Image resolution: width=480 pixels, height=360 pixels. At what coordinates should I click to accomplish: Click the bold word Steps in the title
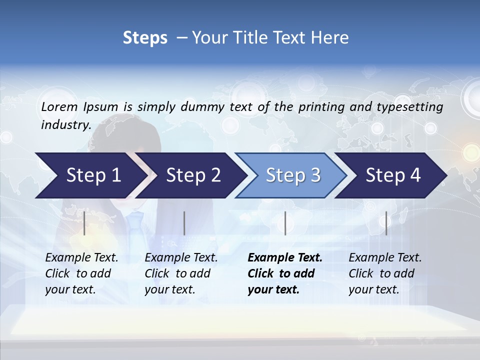point(145,38)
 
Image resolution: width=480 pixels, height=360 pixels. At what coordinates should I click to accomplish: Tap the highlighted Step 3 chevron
point(293,175)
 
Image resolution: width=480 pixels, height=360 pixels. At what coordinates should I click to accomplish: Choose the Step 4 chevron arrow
point(393,175)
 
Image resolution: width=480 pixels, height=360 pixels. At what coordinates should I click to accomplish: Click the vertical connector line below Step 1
point(84,223)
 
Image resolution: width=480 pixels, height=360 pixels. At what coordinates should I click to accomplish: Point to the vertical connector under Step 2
point(184,223)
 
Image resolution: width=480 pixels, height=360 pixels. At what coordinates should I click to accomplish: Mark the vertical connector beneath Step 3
point(285,223)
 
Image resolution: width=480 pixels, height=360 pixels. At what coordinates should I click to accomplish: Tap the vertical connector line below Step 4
point(386,223)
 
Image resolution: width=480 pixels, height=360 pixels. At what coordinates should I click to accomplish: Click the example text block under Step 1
point(81,273)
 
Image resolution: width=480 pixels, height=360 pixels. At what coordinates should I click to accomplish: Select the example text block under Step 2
point(181,273)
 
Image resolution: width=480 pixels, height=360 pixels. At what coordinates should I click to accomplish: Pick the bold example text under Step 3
point(285,273)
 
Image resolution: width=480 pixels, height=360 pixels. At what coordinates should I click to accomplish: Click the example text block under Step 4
point(385,273)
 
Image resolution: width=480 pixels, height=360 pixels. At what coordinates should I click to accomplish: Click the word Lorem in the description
point(59,106)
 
